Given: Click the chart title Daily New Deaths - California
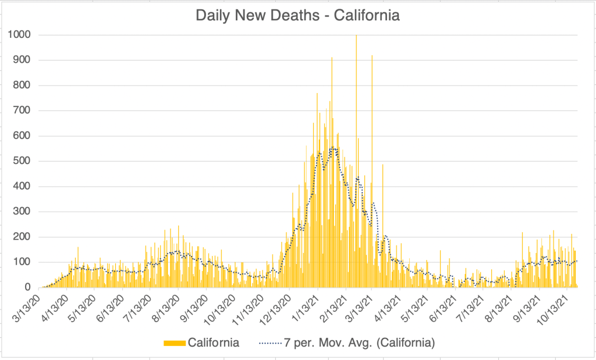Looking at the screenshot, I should [297, 16].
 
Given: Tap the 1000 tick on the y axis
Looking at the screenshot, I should [19, 35].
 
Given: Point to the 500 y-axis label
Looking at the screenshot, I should [22, 161].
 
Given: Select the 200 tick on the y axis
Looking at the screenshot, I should [22, 237].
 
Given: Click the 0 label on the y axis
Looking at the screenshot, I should [27, 287].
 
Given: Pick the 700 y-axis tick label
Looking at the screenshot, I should [22, 111].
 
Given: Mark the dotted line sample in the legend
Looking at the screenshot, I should [271, 343].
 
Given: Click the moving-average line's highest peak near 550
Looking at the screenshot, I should [333, 148].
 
